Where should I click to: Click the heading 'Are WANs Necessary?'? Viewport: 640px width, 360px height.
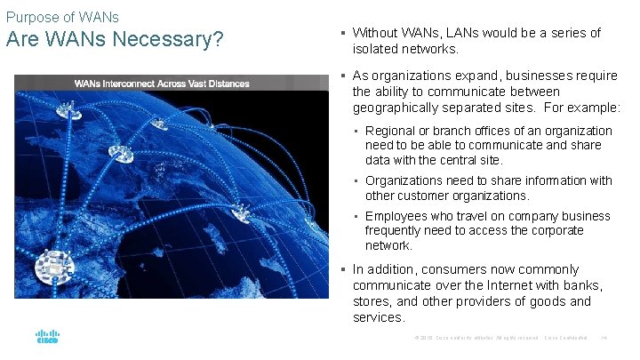[x=115, y=41]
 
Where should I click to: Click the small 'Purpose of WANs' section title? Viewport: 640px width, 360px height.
[x=62, y=17]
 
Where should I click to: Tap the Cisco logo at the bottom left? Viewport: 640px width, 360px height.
[x=47, y=339]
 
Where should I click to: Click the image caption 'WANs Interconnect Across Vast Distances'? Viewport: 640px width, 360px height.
[x=162, y=84]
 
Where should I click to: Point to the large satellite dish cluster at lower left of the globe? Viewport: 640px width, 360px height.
[x=54, y=263]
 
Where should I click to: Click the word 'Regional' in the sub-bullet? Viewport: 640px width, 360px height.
[x=391, y=131]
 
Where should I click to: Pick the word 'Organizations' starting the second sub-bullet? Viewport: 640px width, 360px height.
[x=405, y=180]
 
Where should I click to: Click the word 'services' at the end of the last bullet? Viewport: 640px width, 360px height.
[x=377, y=317]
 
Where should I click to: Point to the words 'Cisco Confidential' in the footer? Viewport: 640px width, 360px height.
[x=566, y=338]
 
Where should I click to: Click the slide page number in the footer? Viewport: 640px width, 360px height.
[x=604, y=338]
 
